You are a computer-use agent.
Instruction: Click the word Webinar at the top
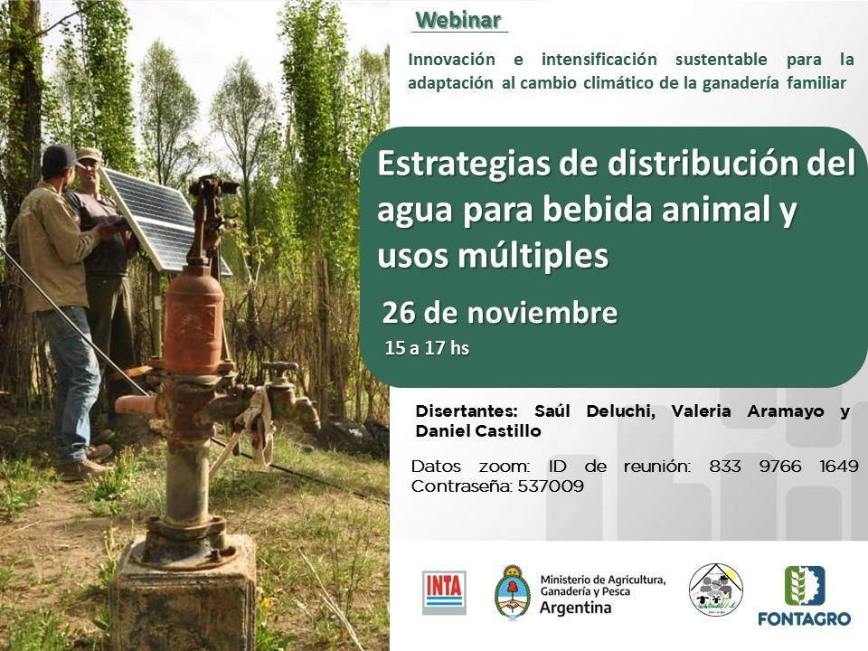coord(458,19)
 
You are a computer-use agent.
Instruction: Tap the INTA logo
coord(444,592)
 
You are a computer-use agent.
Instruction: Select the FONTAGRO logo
coord(804,596)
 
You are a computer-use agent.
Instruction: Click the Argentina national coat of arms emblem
coord(512,591)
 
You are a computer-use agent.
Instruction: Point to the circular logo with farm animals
coord(715,590)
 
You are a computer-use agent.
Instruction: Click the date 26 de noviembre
coord(499,313)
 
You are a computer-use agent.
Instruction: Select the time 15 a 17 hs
coord(426,348)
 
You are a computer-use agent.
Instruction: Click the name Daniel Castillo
coord(478,431)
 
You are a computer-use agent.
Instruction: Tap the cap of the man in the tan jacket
coord(60,156)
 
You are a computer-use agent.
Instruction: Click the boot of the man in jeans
coord(80,469)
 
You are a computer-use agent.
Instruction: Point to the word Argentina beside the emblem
coord(574,607)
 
